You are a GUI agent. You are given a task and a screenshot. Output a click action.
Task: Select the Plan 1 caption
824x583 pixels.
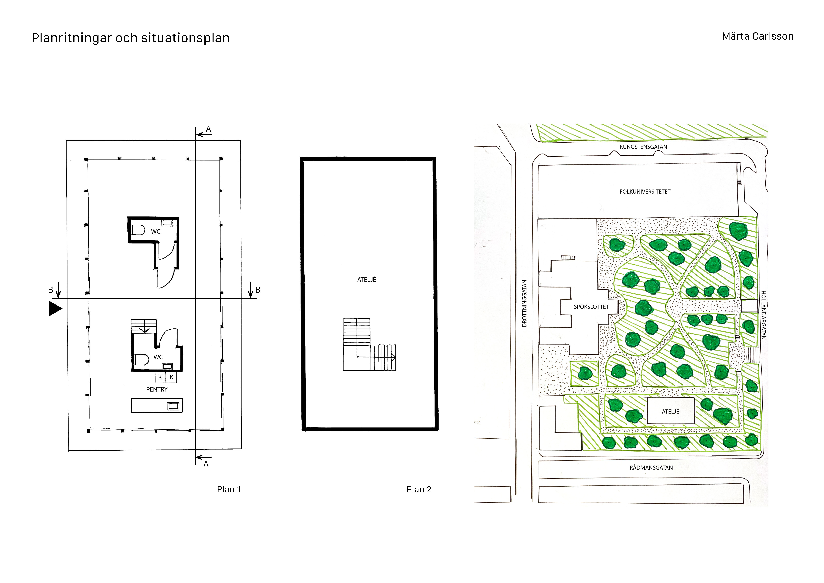(x=229, y=489)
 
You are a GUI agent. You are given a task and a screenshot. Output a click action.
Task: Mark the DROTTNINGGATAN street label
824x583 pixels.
(x=524, y=303)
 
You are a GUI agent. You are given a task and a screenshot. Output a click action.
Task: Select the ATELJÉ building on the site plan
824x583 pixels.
(x=670, y=411)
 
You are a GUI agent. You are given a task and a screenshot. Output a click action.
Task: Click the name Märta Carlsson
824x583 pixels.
(x=758, y=36)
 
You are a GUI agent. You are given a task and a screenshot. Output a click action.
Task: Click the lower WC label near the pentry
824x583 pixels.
(x=158, y=357)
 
